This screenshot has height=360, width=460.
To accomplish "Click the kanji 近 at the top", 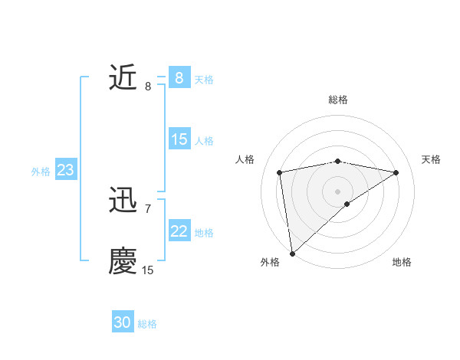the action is point(123,78).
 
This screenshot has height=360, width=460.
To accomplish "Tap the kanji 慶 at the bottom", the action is point(123,260).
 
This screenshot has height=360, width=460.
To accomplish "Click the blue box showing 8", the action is point(179,78).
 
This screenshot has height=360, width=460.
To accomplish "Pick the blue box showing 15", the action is point(179,139).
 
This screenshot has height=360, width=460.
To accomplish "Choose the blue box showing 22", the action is point(179,231).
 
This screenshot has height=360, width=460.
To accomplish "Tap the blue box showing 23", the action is point(65,170).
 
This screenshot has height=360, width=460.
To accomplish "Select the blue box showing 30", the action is point(123,323).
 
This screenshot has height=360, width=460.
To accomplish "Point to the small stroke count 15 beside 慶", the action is point(148,270).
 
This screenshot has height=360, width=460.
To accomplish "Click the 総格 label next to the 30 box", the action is point(147,324).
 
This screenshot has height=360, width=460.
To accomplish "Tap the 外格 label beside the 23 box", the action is point(41,172).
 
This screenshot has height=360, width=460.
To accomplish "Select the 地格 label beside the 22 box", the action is point(204,233).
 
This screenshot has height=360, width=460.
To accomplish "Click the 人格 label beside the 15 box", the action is point(204,141).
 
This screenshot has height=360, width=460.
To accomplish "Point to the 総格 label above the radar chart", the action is point(338,100).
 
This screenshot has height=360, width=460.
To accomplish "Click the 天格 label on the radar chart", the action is point(432,159).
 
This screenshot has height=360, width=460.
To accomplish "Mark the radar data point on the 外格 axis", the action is point(292,254).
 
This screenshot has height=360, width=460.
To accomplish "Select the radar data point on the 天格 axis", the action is point(396,172).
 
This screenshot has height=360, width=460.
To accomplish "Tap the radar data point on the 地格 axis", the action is point(347,204).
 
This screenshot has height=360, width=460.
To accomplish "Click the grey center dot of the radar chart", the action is point(337,191).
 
